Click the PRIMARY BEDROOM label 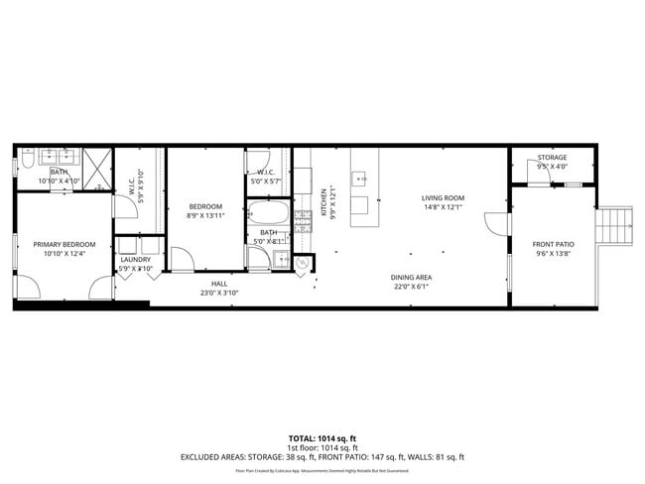(64, 245)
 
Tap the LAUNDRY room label (135, 260)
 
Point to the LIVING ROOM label (443, 198)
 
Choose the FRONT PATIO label (553, 245)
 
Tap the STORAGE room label (553, 158)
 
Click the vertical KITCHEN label (322, 202)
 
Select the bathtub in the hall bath (267, 213)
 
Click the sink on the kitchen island (363, 180)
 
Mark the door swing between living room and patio (493, 224)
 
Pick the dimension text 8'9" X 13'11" (205, 215)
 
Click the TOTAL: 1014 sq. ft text (322, 437)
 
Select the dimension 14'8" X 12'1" (443, 207)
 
